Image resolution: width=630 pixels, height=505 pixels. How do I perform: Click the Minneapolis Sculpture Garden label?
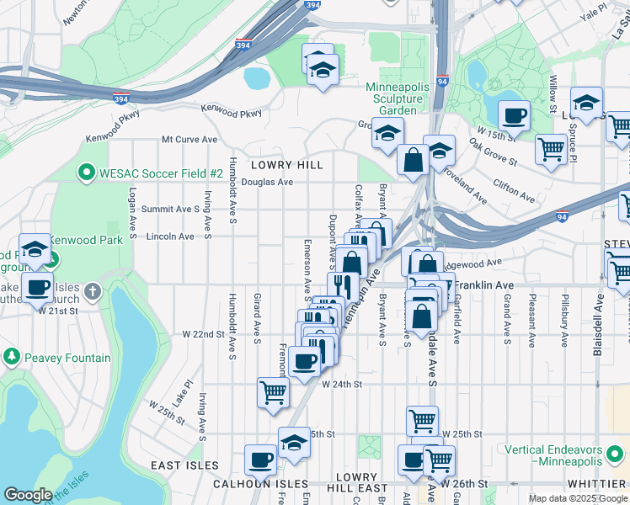[398, 98]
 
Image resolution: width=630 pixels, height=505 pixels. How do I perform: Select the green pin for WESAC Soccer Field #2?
[85, 173]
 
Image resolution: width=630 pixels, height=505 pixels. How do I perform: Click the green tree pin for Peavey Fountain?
[12, 358]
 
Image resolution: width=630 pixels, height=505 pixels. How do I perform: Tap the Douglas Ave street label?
[267, 182]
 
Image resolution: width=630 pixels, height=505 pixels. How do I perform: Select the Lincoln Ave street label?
[170, 237]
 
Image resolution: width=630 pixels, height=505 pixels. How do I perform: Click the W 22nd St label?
[204, 334]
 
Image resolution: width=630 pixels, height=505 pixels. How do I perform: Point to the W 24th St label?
[341, 384]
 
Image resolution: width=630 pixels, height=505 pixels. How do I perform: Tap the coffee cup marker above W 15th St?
[513, 115]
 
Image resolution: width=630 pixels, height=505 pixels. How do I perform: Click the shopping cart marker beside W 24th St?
[273, 391]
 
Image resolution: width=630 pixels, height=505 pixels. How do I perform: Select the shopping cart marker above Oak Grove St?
[551, 149]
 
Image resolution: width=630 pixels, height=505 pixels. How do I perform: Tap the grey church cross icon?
[93, 292]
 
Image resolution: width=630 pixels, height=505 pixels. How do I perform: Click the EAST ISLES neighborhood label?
[184, 465]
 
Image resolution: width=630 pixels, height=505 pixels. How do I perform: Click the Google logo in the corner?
[28, 495]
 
